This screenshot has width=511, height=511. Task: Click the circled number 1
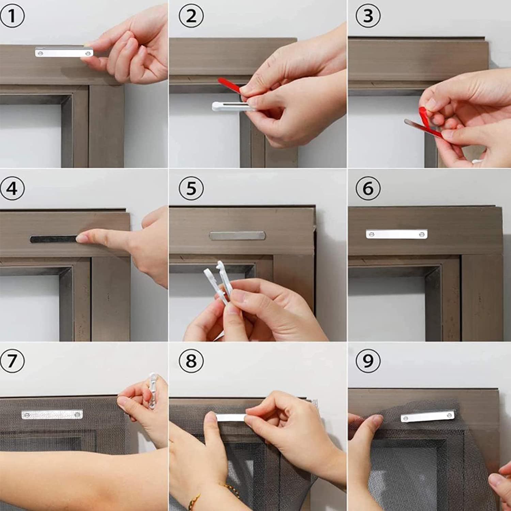tap(12, 15)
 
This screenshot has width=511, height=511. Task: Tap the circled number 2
tap(191, 16)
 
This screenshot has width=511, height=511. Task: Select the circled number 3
tap(368, 16)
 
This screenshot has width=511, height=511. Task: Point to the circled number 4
tap(12, 188)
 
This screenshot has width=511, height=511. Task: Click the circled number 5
tap(191, 188)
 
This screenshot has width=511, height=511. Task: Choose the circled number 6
tap(368, 188)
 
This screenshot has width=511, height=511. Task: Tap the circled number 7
tap(12, 360)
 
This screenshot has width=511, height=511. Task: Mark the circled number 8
tap(191, 360)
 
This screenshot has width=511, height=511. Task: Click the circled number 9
tap(368, 360)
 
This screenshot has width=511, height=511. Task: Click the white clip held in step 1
tap(64, 52)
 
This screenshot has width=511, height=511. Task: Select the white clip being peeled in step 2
tap(232, 106)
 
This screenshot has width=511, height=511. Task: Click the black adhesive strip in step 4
tap(55, 239)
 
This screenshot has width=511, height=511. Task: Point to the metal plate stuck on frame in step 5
tap(237, 235)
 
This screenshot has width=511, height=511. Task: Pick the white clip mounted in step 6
tap(397, 234)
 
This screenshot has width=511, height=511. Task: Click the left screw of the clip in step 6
tap(371, 234)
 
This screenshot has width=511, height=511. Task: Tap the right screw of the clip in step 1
tap(88, 53)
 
